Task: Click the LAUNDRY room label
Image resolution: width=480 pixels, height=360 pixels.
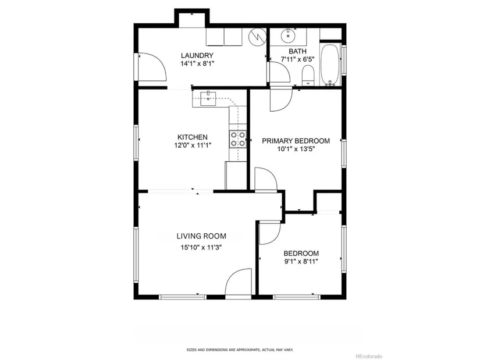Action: [197, 55]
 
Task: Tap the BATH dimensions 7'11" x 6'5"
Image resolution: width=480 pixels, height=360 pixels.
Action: [297, 59]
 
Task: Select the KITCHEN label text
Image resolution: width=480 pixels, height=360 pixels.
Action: [193, 137]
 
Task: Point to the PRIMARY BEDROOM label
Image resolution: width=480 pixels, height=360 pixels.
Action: [296, 141]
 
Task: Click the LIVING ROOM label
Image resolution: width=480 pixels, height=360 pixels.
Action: [201, 236]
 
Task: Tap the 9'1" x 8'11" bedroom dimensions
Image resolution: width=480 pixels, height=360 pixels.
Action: [301, 262]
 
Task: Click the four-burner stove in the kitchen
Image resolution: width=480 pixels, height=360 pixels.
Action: [238, 139]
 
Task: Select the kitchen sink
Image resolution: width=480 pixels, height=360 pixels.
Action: [208, 98]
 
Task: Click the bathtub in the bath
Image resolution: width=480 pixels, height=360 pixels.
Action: [330, 65]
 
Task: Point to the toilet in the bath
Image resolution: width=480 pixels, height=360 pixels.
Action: [308, 76]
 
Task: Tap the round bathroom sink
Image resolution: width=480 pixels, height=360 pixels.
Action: [288, 36]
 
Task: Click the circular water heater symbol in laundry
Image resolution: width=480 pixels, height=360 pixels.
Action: [256, 37]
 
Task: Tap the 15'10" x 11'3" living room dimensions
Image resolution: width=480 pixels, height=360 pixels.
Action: [201, 247]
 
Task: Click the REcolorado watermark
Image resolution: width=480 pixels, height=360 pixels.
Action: [369, 357]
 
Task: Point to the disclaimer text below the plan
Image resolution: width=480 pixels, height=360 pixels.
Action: [240, 350]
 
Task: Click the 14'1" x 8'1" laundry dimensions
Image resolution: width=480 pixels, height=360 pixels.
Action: [197, 63]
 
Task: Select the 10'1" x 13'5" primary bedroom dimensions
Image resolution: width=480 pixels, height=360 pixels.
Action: [296, 149]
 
